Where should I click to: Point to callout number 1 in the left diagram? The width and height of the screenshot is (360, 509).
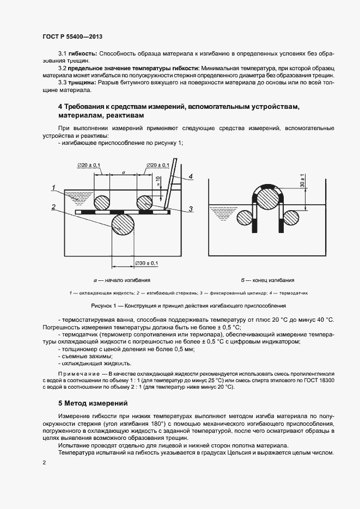click(x=54, y=188)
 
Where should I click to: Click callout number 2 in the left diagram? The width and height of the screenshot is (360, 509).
click(x=54, y=207)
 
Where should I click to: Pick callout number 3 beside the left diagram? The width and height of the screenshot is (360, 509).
click(x=191, y=208)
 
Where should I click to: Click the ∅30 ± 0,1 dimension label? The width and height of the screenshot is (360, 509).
click(x=145, y=263)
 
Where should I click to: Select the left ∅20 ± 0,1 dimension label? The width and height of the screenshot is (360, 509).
click(x=90, y=164)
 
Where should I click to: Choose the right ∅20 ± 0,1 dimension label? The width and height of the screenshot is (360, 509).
click(x=157, y=164)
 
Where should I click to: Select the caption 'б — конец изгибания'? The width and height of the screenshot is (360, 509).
click(x=267, y=280)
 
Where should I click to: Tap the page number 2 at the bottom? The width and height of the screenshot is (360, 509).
click(x=44, y=462)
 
